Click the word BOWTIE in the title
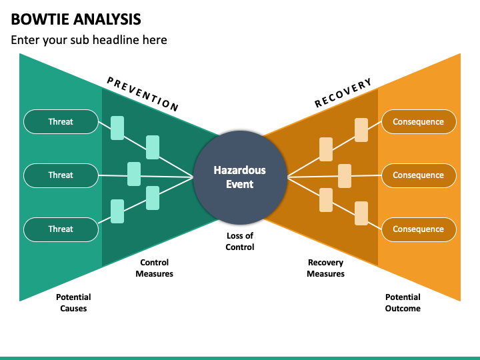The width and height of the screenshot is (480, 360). [40, 19]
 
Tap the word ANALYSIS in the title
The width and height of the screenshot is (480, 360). [107, 19]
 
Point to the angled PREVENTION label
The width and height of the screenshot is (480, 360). [143, 94]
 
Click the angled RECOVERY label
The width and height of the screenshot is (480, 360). [343, 93]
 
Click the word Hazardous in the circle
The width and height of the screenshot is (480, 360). [240, 170]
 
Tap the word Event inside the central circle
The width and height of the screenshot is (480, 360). [240, 184]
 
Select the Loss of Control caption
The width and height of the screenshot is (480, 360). [240, 241]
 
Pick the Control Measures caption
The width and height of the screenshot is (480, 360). [154, 268]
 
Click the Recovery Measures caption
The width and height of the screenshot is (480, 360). [326, 268]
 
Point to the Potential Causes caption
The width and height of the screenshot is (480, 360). [73, 303]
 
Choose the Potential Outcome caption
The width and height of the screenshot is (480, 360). [403, 303]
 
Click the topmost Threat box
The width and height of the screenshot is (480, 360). [61, 121]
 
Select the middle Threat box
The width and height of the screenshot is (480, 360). [61, 175]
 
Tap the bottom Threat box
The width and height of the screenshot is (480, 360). [61, 229]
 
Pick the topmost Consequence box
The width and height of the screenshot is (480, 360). [419, 121]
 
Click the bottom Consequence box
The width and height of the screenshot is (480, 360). [419, 229]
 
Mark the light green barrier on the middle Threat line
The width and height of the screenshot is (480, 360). [134, 174]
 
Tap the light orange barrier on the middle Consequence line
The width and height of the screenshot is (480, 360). [345, 176]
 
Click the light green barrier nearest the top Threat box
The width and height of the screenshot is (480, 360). [117, 128]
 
